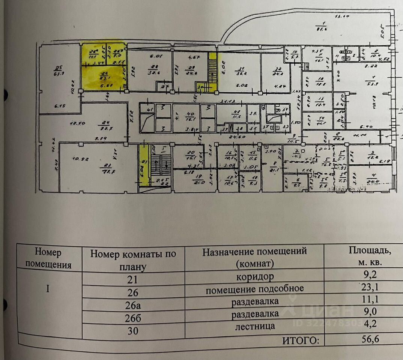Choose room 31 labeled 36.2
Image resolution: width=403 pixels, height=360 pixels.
click(239, 71)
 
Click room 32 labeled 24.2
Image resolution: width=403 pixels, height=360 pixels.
click(278, 71)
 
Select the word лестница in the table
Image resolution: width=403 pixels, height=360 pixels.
click(255, 326)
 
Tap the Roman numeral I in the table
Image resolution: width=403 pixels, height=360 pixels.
click(49, 289)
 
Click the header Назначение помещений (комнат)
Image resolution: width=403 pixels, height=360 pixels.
click(254, 256)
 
